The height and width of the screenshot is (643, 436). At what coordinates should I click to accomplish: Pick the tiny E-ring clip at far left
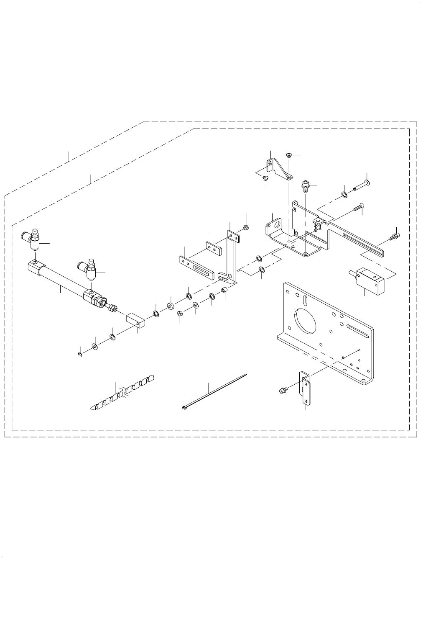79,355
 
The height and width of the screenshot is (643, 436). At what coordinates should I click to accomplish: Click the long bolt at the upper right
360,185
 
